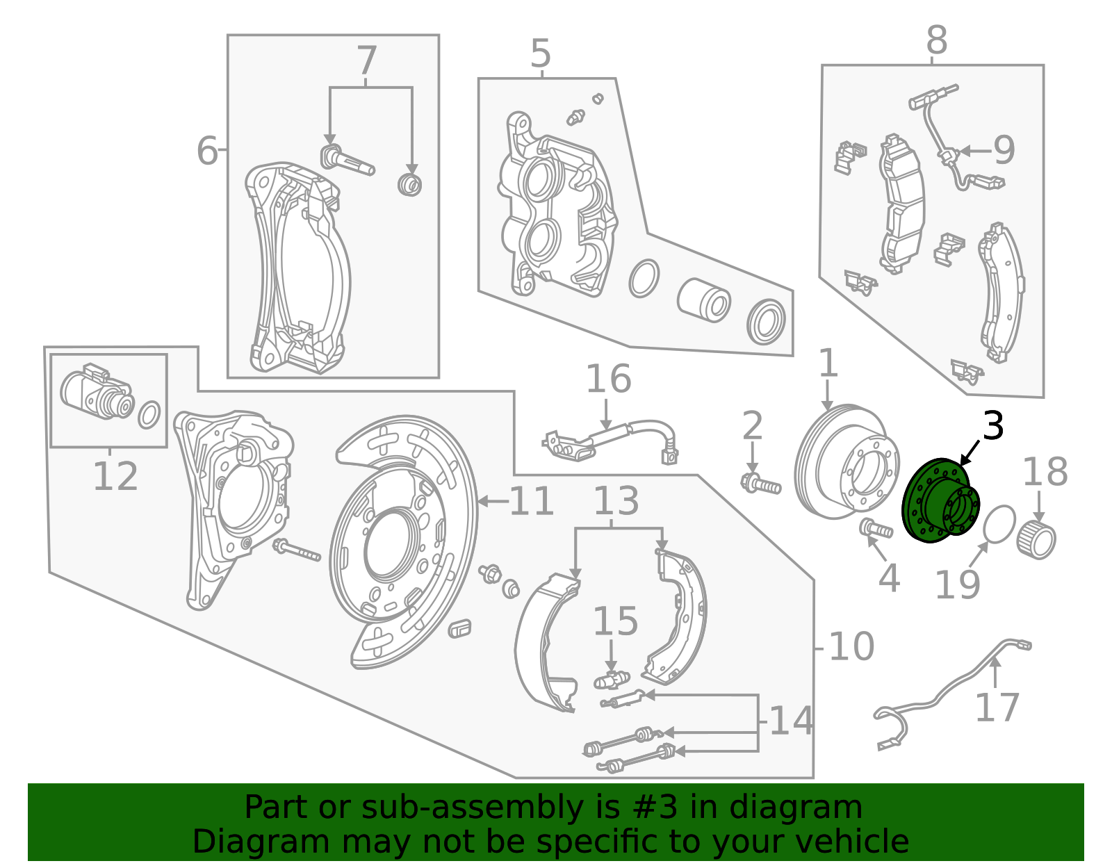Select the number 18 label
tap(1045, 472)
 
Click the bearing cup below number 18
tap(1037, 540)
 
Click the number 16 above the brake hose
tap(608, 379)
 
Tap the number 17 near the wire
tap(997, 707)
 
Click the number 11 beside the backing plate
tap(532, 501)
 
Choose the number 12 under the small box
tap(115, 477)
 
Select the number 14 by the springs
tap(791, 721)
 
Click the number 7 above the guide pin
tap(366, 61)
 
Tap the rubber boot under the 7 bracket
tap(410, 185)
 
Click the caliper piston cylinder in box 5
tap(703, 301)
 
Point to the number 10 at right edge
tap(851, 647)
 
